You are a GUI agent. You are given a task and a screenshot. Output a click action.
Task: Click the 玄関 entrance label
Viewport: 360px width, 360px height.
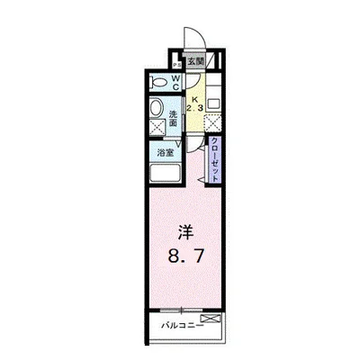[x=195, y=62]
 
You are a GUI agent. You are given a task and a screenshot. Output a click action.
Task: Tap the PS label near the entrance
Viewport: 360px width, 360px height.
[x=177, y=63]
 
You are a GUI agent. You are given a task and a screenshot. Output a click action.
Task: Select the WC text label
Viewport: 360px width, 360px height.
[x=175, y=83]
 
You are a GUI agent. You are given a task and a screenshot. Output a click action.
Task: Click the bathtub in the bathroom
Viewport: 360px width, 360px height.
[x=164, y=175]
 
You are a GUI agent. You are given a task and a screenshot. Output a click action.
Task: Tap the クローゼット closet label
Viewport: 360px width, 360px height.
[x=216, y=158]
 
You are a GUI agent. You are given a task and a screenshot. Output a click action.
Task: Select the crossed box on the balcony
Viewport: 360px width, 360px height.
[x=210, y=318]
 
